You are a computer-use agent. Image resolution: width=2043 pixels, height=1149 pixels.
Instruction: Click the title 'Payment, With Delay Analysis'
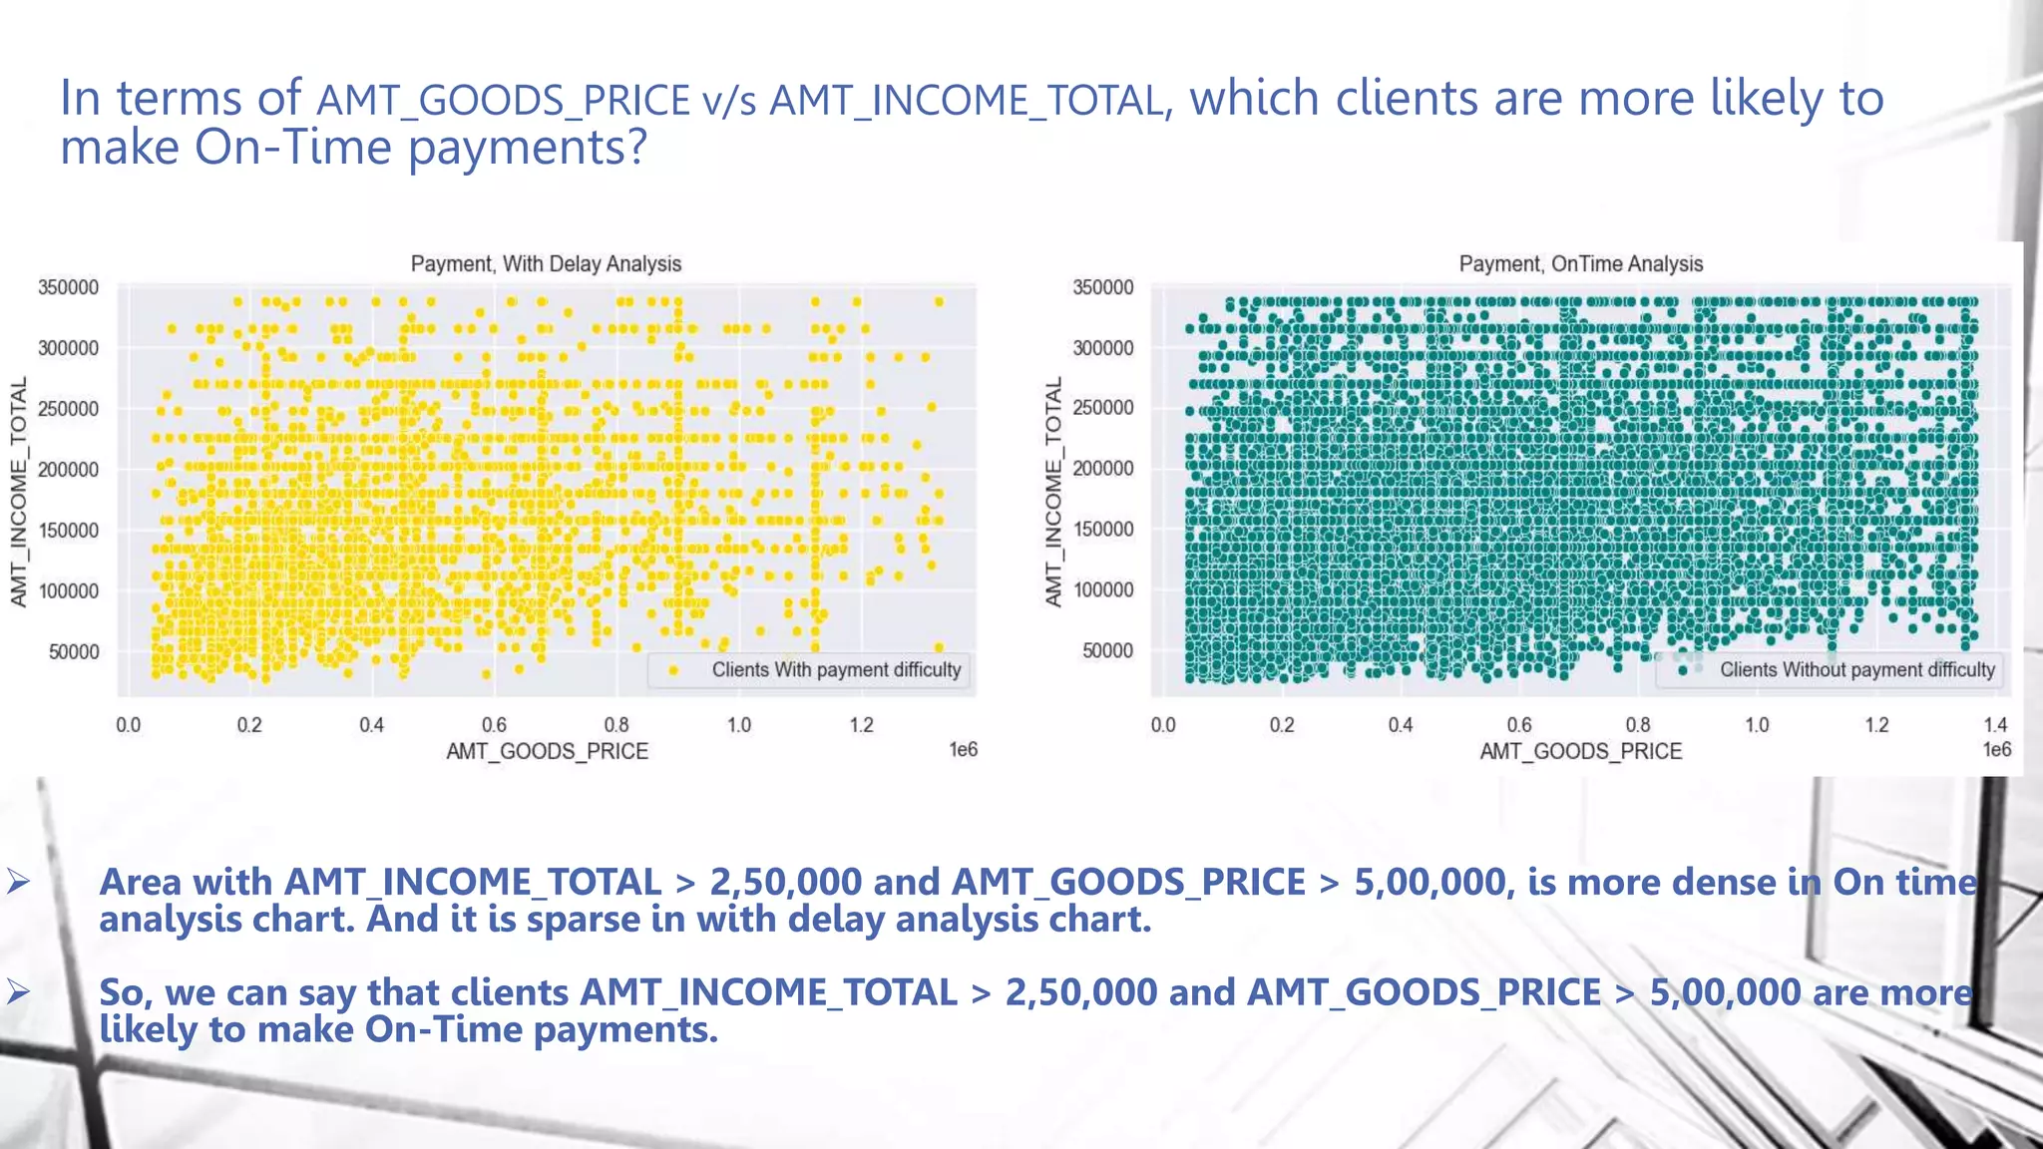pyautogui.click(x=546, y=264)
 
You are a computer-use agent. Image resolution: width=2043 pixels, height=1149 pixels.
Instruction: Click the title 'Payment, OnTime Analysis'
pyautogui.click(x=1580, y=264)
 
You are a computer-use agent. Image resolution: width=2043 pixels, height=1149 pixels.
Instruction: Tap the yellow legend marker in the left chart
pyautogui.click(x=674, y=670)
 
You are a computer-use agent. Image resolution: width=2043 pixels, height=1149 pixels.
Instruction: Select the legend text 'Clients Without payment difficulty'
pyautogui.click(x=1856, y=670)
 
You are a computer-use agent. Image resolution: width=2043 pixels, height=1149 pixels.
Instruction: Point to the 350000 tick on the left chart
pyautogui.click(x=68, y=287)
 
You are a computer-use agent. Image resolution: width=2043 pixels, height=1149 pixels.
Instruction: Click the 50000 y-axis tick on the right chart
pyautogui.click(x=1107, y=650)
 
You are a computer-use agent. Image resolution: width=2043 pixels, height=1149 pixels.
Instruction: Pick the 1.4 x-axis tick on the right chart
pyautogui.click(x=1995, y=725)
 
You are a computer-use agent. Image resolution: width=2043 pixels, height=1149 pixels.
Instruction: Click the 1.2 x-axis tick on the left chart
pyautogui.click(x=861, y=725)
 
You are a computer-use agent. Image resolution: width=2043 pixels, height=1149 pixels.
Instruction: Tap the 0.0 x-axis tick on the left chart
pyautogui.click(x=128, y=725)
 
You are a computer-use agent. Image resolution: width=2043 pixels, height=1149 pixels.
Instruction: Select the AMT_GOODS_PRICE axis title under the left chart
pyautogui.click(x=547, y=751)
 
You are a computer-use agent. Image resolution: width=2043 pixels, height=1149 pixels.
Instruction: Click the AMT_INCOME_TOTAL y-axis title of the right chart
pyautogui.click(x=1053, y=492)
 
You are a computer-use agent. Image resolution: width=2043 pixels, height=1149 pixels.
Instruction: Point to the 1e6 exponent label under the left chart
pyautogui.click(x=963, y=749)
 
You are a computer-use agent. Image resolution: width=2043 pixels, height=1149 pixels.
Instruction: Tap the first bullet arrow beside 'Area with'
pyautogui.click(x=18, y=882)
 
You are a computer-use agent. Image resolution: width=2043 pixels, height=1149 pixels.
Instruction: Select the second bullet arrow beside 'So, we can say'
pyautogui.click(x=18, y=992)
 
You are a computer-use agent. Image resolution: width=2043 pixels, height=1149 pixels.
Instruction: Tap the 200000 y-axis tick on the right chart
pyautogui.click(x=1102, y=468)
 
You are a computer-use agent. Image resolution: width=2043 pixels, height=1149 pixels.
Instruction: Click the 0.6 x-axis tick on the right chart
pyautogui.click(x=1519, y=725)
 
